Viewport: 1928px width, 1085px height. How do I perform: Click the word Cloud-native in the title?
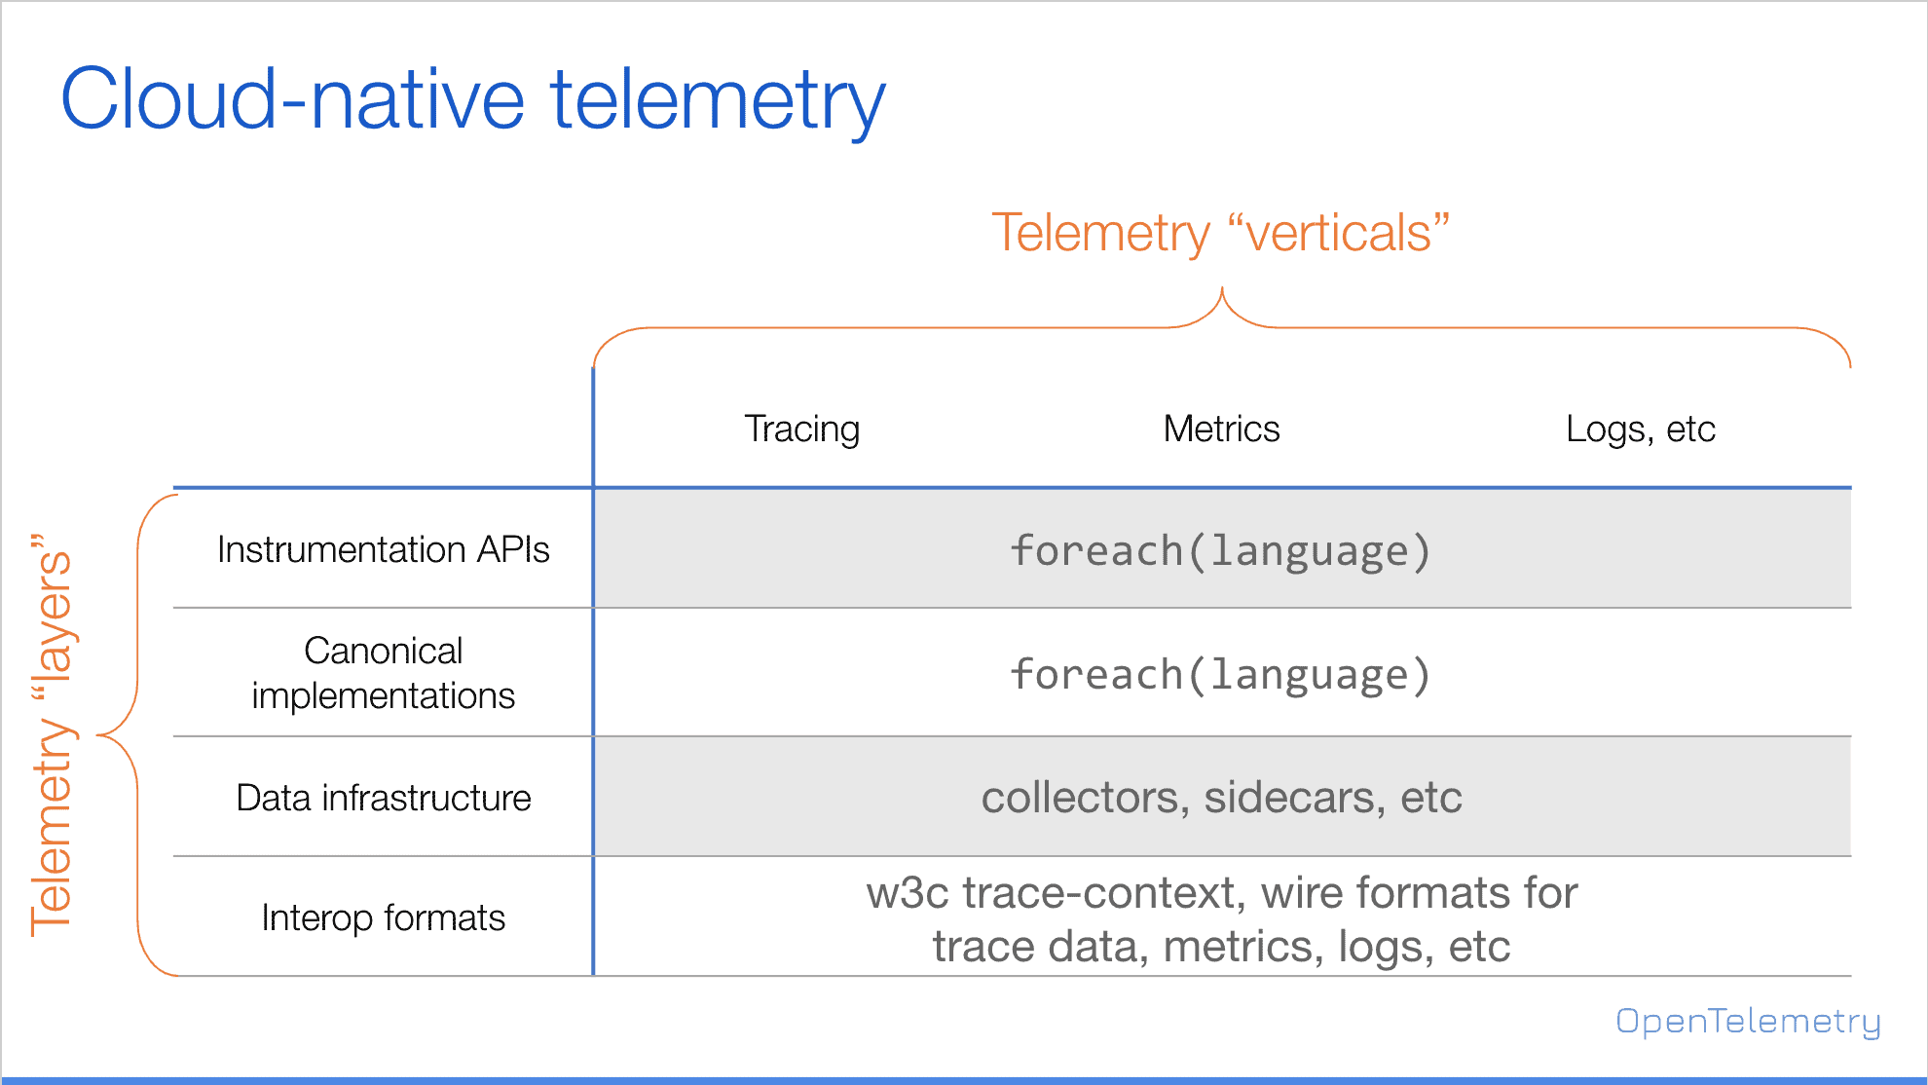pos(293,99)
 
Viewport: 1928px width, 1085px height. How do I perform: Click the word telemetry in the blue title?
pos(719,103)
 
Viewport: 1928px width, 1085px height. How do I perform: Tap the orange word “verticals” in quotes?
pos(1339,234)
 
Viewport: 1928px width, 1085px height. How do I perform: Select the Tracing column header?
pos(802,430)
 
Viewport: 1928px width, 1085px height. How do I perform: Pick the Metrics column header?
pos(1221,429)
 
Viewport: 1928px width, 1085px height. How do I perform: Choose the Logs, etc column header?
pos(1641,430)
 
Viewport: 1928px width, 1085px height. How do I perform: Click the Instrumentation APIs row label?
pos(384,549)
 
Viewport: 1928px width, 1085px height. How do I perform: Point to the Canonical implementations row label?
pos(384,673)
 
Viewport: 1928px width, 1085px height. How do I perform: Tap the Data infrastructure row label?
pos(384,798)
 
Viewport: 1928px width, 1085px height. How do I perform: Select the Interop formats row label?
pos(384,917)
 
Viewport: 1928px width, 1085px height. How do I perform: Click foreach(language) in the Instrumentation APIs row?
pos(1221,550)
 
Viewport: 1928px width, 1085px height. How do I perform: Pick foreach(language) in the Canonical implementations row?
pos(1221,674)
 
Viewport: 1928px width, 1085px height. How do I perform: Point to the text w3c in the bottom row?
pos(908,893)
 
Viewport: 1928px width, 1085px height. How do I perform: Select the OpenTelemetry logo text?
pos(1748,1021)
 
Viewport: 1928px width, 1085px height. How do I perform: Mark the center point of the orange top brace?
pos(1222,289)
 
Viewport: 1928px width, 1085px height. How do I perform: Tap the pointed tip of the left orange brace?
pos(97,734)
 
